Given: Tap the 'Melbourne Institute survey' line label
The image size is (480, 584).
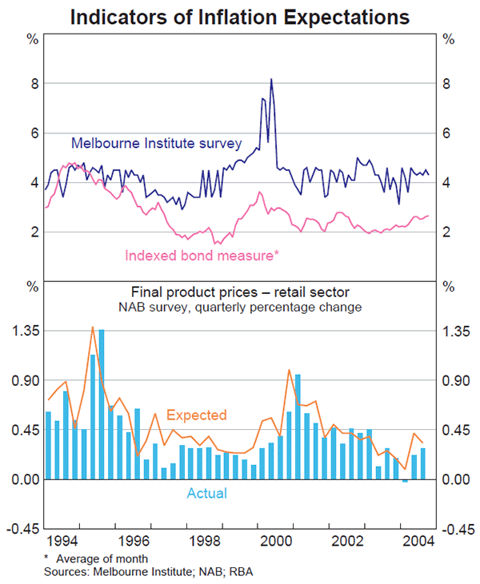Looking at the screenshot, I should pyautogui.click(x=156, y=144).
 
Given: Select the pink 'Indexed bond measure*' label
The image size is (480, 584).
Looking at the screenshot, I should pyautogui.click(x=201, y=256).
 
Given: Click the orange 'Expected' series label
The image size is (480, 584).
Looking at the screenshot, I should pyautogui.click(x=196, y=415).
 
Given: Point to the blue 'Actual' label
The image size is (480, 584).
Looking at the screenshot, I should pyautogui.click(x=206, y=493).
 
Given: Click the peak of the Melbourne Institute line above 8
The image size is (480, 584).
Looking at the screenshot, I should pyautogui.click(x=271, y=79).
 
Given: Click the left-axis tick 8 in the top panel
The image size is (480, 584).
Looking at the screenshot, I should pyautogui.click(x=35, y=84).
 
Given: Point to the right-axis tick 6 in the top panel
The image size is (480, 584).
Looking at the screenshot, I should pyautogui.click(x=448, y=133).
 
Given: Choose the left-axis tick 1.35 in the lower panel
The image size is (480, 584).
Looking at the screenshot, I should pyautogui.click(x=27, y=331).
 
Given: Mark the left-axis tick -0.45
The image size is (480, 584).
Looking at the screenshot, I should pyautogui.click(x=26, y=529).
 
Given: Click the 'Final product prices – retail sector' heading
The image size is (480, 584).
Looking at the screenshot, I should pyautogui.click(x=240, y=292).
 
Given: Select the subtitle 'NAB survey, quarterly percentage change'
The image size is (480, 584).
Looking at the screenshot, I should pyautogui.click(x=240, y=307).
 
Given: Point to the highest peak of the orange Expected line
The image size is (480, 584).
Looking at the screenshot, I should pyautogui.click(x=93, y=327).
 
